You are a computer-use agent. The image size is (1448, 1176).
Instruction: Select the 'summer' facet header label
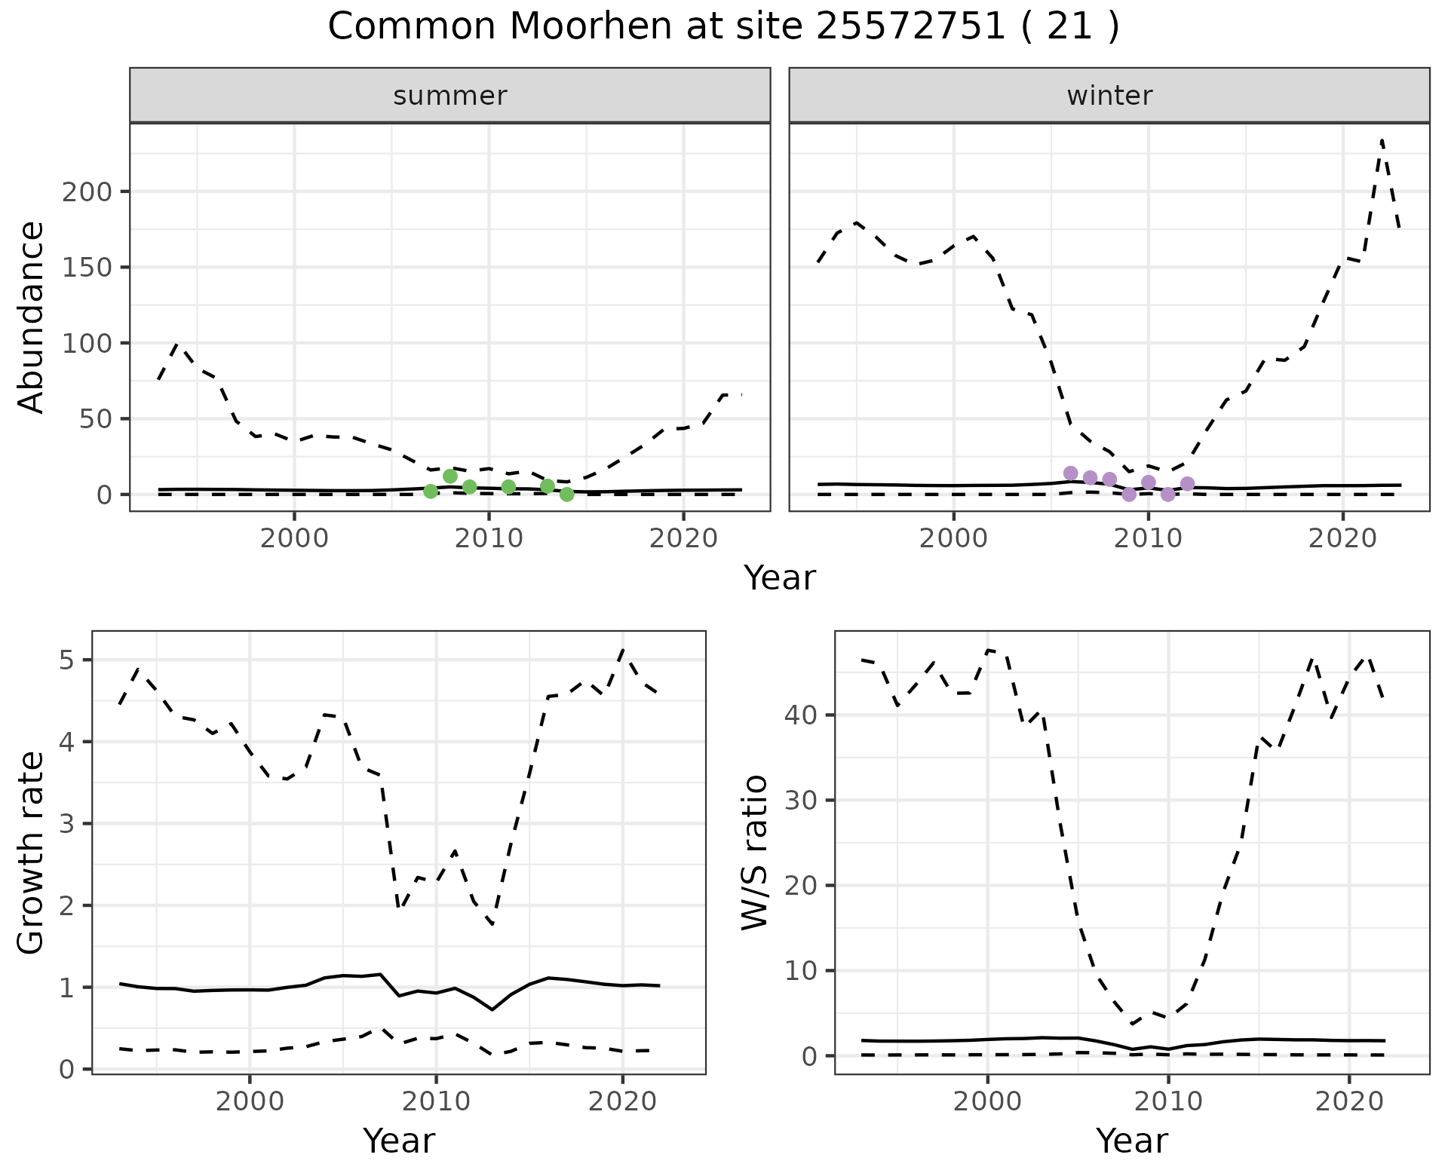click(450, 96)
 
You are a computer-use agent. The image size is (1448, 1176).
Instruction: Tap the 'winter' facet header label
click(1109, 96)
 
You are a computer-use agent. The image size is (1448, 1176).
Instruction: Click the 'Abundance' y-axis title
click(32, 317)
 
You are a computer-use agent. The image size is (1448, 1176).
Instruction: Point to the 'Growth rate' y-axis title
click(32, 853)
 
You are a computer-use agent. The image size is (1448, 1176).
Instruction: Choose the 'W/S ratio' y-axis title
click(755, 853)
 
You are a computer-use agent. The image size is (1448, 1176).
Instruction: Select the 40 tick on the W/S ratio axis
click(802, 715)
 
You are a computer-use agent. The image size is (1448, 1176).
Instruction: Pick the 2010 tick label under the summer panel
click(489, 539)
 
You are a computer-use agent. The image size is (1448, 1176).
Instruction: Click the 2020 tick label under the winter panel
click(1342, 539)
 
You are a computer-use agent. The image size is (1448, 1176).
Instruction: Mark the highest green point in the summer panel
click(450, 476)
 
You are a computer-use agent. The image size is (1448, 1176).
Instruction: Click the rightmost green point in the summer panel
click(567, 495)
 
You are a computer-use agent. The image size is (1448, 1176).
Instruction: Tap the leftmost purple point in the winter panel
click(1070, 473)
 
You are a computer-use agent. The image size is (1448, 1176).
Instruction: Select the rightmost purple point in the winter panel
click(1187, 484)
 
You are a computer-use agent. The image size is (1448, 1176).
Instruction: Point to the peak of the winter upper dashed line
click(1382, 141)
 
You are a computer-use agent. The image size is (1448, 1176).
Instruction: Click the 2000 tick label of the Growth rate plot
click(250, 1101)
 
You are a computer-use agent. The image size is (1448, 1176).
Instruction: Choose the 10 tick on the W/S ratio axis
click(802, 971)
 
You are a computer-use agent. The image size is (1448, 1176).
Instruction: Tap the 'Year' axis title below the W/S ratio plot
click(1131, 1141)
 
